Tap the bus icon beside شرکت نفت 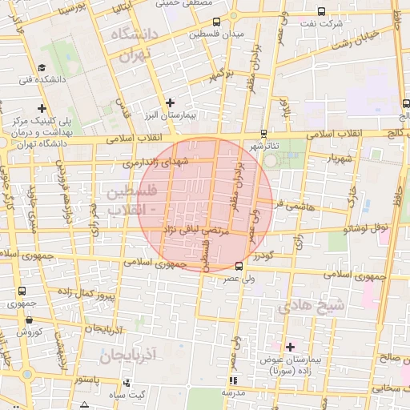[321, 12]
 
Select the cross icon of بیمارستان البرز [169, 102]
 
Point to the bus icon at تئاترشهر [263, 135]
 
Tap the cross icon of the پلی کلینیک [42, 108]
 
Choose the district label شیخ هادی [311, 306]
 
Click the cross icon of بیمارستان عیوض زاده [290, 346]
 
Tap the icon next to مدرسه [233, 380]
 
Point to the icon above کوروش [29, 319]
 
